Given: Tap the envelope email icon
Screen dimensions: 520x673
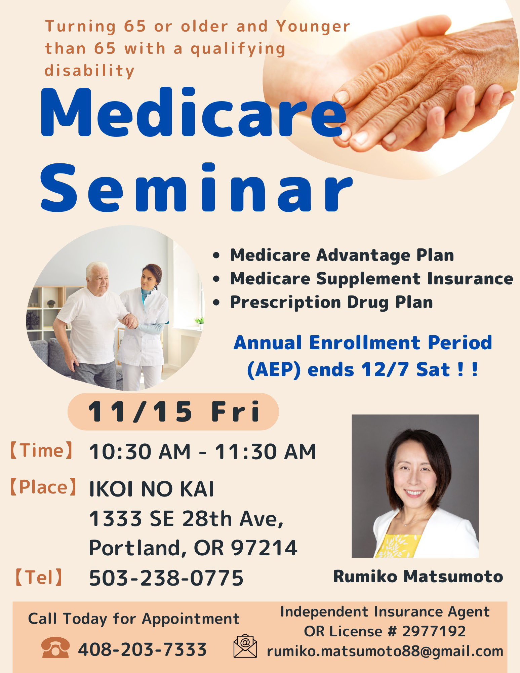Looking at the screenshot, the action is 245,646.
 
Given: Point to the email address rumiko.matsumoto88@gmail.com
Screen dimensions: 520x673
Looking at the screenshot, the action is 385,651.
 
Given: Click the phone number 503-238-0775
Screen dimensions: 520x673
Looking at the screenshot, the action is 166,578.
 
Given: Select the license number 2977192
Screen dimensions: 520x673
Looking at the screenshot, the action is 434,631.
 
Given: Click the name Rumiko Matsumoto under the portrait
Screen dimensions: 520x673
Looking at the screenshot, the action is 418,576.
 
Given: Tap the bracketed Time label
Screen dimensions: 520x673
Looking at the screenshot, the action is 41,450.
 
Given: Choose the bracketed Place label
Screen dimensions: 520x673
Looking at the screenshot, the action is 43,487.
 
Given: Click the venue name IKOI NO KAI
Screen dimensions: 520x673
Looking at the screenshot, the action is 151,489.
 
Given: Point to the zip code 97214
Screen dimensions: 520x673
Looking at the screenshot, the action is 264,548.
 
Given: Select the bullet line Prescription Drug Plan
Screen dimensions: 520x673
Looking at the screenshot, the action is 331,302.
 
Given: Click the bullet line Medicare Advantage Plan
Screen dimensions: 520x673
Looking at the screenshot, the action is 342,255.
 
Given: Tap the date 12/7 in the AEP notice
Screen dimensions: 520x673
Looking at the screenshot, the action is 385,369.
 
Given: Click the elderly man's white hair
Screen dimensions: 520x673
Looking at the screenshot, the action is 97,269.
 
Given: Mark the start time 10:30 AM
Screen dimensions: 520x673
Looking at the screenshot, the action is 140,451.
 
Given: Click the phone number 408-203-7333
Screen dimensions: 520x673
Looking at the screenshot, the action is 142,649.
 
